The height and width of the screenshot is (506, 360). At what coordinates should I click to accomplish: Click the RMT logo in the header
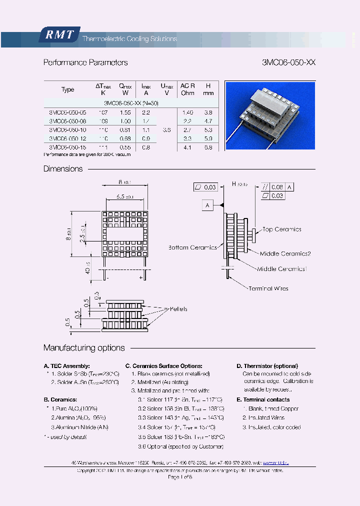[59, 34]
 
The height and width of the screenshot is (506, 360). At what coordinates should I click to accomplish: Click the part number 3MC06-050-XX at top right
[288, 63]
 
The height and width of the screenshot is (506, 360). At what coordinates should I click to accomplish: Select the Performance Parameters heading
[85, 63]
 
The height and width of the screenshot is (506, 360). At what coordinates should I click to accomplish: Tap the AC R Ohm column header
[187, 89]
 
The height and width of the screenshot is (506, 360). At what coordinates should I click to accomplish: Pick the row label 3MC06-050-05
[67, 113]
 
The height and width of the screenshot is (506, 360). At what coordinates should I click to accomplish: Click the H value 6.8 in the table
[208, 147]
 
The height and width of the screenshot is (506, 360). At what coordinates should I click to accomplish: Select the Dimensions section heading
[63, 169]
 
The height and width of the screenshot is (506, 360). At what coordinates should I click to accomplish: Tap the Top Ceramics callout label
[281, 229]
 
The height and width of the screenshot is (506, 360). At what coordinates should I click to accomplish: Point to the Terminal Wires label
[268, 288]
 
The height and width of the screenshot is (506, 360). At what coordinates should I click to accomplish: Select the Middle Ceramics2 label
[285, 254]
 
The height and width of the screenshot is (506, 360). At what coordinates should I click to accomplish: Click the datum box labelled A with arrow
[207, 205]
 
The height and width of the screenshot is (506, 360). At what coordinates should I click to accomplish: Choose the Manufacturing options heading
[84, 348]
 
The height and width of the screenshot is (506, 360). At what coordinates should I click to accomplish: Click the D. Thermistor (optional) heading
[267, 366]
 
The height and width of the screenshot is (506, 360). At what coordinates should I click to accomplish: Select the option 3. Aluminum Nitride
[80, 427]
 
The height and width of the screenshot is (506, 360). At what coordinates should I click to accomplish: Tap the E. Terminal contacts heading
[263, 399]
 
